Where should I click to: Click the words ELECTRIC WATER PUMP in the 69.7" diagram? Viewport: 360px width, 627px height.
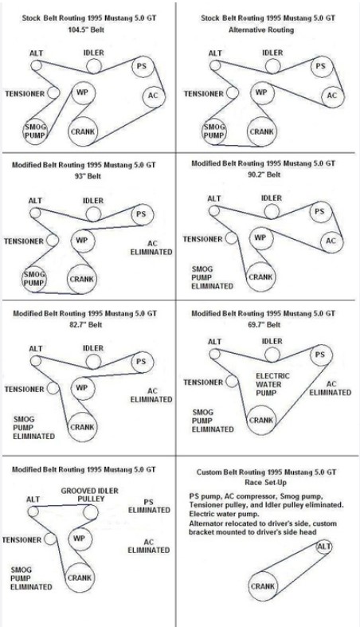tap(273, 384)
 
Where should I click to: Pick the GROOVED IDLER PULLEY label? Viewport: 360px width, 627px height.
tap(90, 495)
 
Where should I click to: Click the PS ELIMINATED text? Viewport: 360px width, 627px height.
tap(149, 506)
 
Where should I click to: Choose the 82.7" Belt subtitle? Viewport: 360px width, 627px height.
tap(86, 325)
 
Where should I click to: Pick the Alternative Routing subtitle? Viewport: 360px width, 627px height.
tap(261, 29)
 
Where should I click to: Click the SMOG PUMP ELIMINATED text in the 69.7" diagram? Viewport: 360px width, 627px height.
tap(213, 421)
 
